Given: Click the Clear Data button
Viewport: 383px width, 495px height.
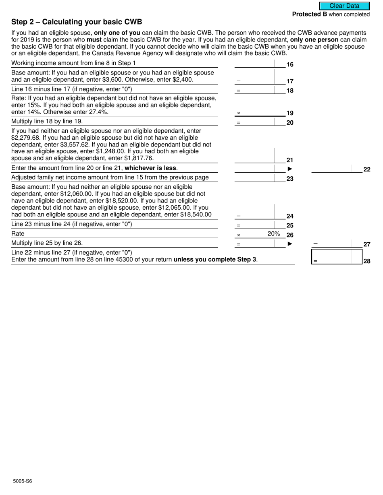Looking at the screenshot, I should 344,6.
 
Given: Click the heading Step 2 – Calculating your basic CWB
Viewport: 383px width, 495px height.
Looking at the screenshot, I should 77,22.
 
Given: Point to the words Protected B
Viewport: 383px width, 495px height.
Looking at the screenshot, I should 310,14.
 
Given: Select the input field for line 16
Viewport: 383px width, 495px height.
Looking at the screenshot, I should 254,64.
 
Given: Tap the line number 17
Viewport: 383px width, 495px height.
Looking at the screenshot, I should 290,81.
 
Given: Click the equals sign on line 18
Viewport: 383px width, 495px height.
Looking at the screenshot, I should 239,91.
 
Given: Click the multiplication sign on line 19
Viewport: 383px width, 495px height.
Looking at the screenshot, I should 239,113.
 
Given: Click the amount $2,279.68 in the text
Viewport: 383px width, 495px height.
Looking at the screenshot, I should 25,138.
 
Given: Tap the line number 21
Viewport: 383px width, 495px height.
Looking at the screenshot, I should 290,160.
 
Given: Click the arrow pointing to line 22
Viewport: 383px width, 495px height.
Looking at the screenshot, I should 289,169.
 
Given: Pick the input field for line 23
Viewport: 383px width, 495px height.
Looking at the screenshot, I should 254,178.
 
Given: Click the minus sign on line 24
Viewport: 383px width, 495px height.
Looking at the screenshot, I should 239,216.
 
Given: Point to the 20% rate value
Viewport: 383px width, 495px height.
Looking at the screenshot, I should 274,234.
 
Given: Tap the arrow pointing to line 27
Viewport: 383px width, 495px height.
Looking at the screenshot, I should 289,244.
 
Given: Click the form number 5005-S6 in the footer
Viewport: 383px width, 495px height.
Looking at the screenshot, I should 22,481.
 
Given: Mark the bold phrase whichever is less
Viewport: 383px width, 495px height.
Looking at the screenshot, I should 150,168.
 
